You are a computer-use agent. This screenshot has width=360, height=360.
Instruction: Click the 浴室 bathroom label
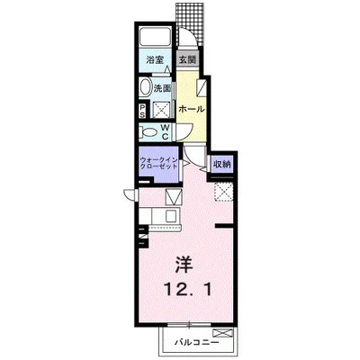tap(155, 59)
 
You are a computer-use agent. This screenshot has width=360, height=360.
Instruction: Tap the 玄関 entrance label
tap(187, 59)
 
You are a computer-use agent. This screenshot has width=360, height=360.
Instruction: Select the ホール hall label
tap(192, 109)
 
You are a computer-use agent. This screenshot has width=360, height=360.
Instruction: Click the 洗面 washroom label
tap(162, 88)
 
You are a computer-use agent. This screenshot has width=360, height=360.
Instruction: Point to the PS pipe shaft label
tap(142, 111)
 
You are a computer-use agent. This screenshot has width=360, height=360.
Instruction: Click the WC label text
tap(166, 131)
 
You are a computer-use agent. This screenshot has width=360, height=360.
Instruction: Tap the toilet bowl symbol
tap(149, 132)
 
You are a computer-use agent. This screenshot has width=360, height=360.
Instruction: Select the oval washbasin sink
tap(145, 88)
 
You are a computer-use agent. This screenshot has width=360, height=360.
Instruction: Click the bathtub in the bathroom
tap(155, 38)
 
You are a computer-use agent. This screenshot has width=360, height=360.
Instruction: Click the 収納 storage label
tap(222, 164)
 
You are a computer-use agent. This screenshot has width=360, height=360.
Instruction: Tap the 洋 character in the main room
tap(184, 264)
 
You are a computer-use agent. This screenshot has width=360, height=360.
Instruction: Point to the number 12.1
tap(188, 290)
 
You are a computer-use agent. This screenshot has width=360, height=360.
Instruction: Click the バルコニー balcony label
tap(197, 342)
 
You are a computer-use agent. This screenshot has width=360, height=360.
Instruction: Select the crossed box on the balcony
tap(222, 333)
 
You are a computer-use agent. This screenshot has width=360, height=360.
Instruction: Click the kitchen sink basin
tap(171, 216)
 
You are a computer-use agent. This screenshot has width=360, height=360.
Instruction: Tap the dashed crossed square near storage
tap(223, 192)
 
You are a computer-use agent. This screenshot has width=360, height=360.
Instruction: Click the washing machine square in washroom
tap(162, 111)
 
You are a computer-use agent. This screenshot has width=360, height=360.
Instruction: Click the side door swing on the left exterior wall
tap(130, 195)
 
